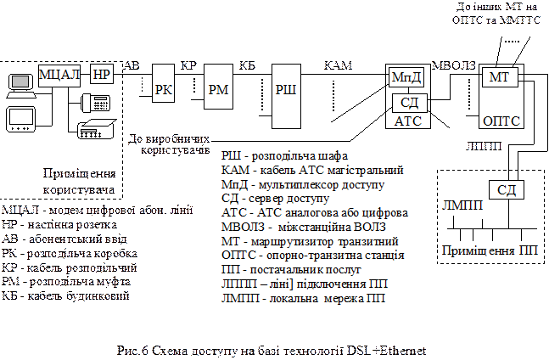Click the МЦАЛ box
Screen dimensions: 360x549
point(59,75)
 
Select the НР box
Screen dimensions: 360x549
point(101,75)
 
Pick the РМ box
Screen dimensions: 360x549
point(216,90)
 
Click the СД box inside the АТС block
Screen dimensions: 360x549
point(411,103)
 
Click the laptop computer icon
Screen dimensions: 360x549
point(19,82)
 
